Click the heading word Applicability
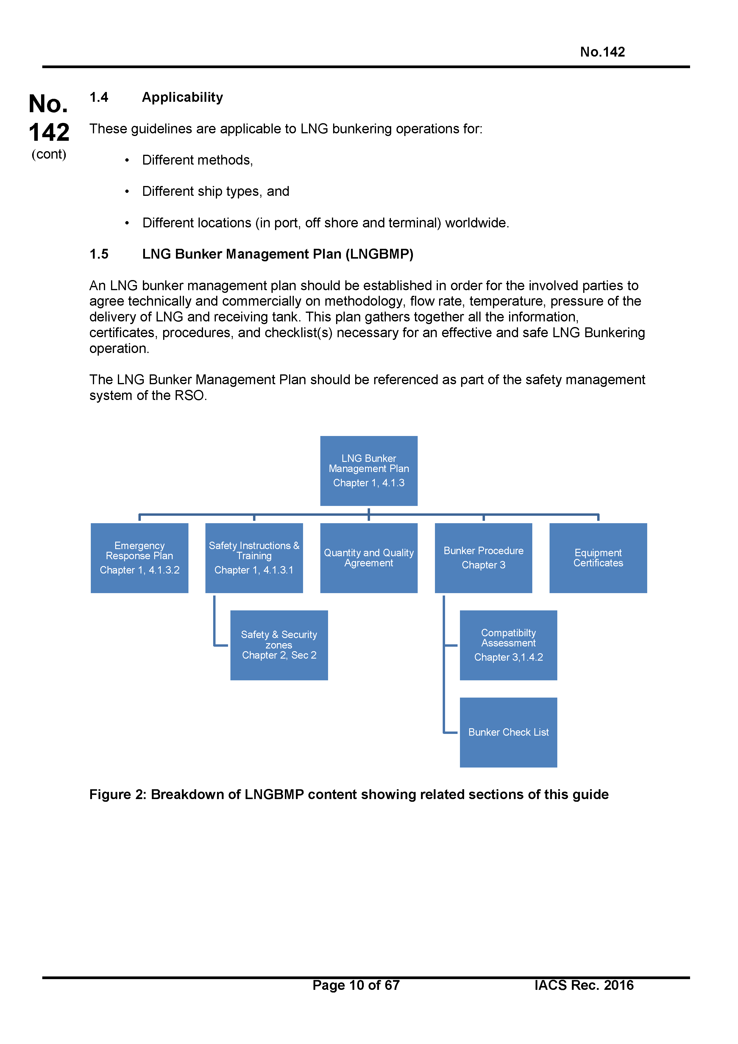[x=182, y=97]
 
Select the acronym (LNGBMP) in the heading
[x=379, y=254]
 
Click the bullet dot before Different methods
[x=127, y=160]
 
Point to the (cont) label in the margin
[x=49, y=154]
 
